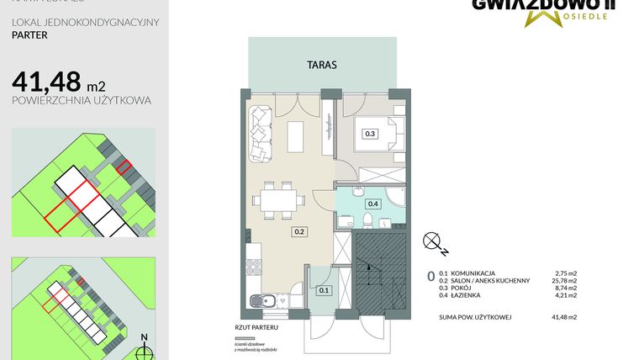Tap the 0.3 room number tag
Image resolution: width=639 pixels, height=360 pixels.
[369, 133]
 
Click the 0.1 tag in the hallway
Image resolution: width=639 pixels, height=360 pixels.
[325, 290]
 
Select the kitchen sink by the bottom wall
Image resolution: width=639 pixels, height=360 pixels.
[267, 300]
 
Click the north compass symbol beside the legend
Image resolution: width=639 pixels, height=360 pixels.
[436, 243]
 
